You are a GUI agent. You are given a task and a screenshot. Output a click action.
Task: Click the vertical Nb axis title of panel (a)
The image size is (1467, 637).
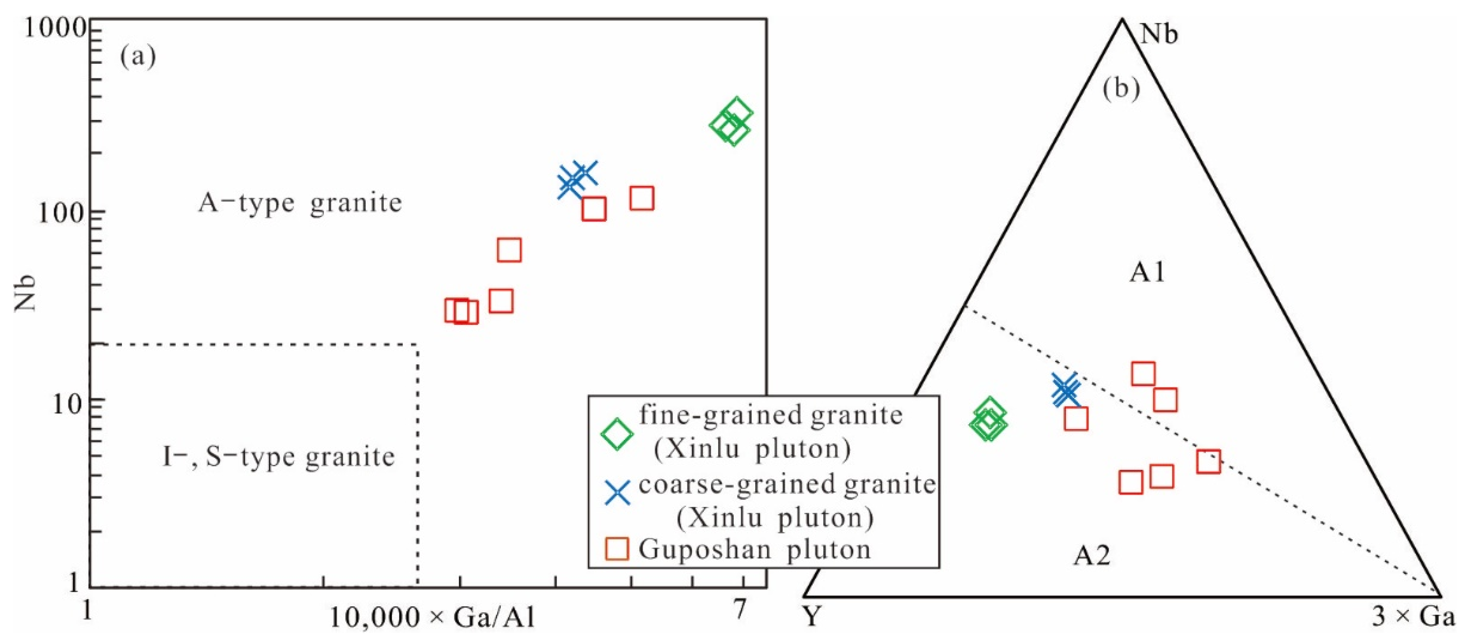pos(25,294)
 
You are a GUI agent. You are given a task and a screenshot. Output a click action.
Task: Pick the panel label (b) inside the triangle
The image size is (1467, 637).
pos(1121,89)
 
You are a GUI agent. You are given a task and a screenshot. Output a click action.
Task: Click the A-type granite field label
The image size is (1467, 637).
pos(300,203)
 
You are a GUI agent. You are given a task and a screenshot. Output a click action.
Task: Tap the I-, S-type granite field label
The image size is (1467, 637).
pos(278,456)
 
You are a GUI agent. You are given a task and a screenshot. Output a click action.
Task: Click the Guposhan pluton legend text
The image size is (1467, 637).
pos(754,549)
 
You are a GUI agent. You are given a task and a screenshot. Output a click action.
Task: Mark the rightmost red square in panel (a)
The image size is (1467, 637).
pos(642,198)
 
